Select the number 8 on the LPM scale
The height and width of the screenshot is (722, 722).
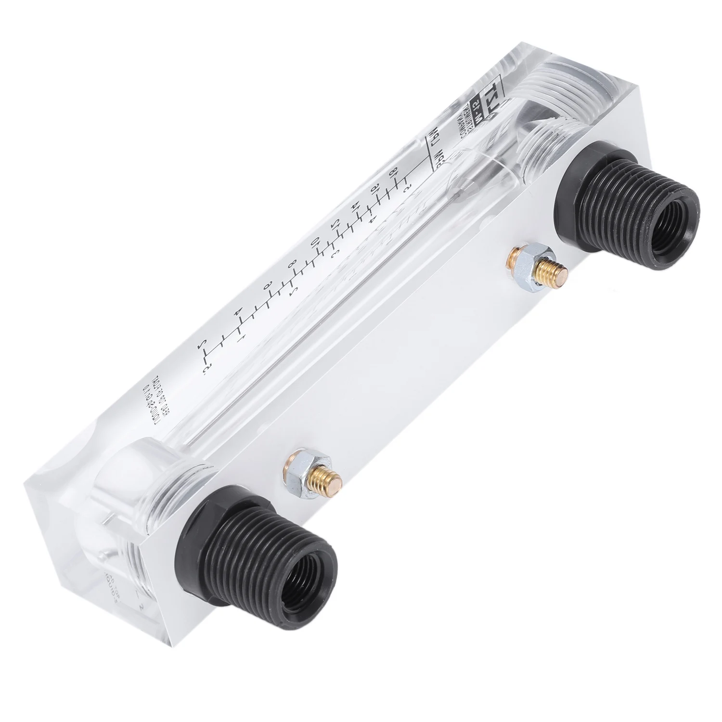[291, 264]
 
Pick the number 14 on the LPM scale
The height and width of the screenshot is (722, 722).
[355, 206]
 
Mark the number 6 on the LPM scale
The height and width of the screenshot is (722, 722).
[268, 285]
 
